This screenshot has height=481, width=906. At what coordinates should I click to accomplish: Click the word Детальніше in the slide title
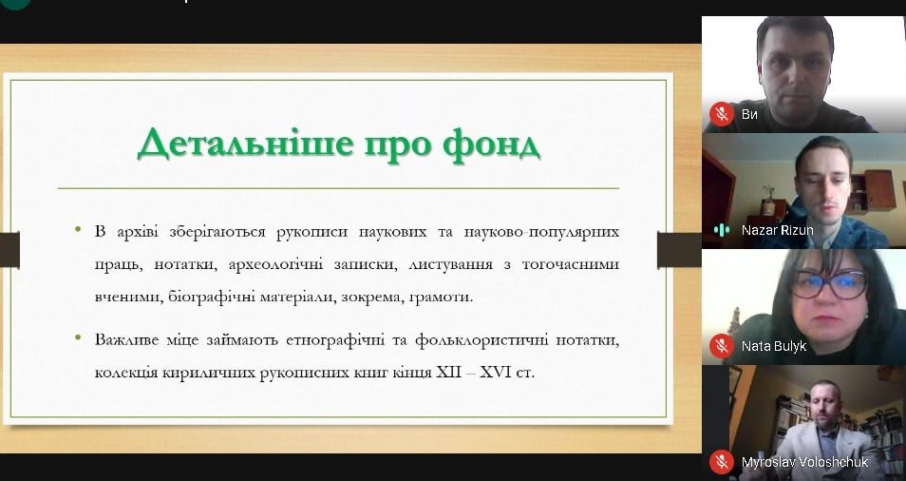point(245,144)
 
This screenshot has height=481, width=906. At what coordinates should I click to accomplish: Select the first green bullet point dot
point(78,229)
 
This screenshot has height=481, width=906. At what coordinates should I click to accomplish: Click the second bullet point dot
point(78,336)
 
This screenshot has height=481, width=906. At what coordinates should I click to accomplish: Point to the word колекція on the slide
point(126,373)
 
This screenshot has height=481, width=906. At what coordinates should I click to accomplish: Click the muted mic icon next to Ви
point(722,113)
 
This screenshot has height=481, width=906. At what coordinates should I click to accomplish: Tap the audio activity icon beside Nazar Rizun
point(722,229)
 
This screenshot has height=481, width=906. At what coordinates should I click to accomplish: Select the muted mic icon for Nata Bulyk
point(722,346)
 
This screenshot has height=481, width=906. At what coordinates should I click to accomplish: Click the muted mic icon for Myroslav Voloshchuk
point(722,462)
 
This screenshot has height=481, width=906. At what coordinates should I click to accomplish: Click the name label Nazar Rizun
point(777,230)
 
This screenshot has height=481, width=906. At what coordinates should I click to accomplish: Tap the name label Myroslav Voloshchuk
point(805,463)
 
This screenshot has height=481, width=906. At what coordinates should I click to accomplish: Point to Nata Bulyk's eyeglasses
point(829,284)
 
